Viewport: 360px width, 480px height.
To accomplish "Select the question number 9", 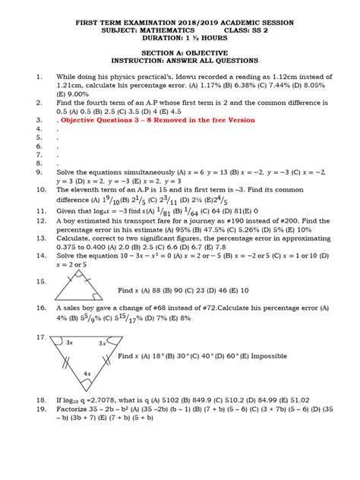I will [x=38, y=172].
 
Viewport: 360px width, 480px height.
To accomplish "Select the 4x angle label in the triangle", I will [x=88, y=373].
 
